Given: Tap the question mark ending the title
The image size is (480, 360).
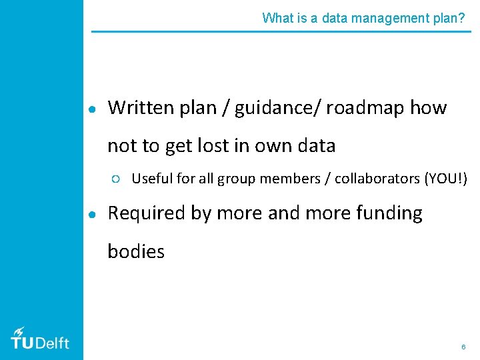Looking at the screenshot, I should pyautogui.click(x=462, y=18).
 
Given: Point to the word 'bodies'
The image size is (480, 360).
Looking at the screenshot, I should pyautogui.click(x=136, y=251).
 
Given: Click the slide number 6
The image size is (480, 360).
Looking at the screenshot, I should pyautogui.click(x=463, y=347).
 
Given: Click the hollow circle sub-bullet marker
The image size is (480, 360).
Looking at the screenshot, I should pyautogui.click(x=116, y=179).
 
